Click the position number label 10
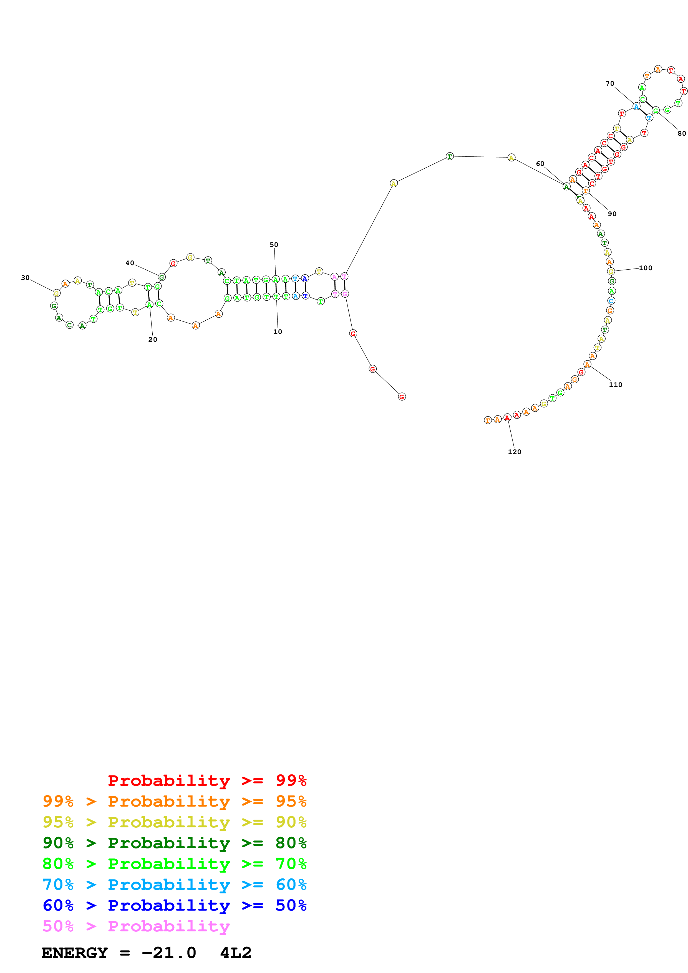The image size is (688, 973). point(278,332)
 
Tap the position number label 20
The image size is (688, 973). point(153,339)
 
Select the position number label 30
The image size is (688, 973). point(26,278)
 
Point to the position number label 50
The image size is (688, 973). point(274,245)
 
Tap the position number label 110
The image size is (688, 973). point(616,384)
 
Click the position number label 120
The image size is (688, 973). point(515,452)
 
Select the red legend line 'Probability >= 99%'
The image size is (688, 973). point(207,780)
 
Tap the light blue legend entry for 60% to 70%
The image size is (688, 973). point(175,885)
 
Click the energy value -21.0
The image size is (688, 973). point(169,953)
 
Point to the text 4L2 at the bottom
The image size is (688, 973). point(236,953)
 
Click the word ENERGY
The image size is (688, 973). point(75,953)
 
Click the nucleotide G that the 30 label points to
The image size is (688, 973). point(56,293)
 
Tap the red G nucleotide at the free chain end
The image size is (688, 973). point(402,397)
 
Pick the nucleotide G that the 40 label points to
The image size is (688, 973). point(162,277)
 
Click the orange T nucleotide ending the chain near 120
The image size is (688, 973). point(488,420)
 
